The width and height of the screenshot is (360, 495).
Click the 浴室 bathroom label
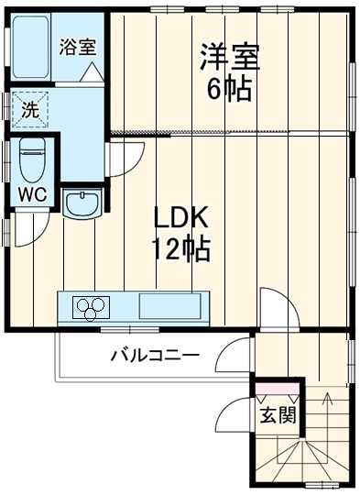pos(78,43)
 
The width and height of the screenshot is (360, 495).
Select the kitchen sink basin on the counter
pos(170,305)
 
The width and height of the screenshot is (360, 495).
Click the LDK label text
pos(181,219)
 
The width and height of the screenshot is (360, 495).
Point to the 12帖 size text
pos(181,247)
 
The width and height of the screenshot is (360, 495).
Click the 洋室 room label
pos(230,57)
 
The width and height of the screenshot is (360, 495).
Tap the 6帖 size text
pos(230,90)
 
